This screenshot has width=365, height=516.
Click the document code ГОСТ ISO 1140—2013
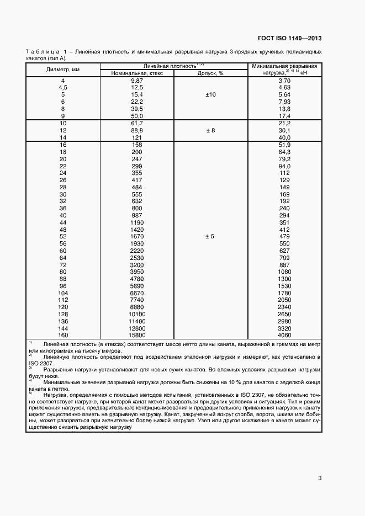289,39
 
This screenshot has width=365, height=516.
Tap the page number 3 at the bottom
320,478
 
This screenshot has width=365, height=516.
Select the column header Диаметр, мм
62,70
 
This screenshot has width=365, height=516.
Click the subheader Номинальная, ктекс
136,73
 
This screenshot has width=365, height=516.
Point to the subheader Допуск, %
210,73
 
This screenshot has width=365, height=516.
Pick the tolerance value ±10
210,95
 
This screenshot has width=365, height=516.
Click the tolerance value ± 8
210,130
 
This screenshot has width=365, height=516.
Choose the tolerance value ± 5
210,237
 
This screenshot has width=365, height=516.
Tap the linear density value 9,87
136,81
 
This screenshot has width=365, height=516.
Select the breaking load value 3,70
284,81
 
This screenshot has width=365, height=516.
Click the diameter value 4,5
62,88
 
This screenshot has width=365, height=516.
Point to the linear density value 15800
136,335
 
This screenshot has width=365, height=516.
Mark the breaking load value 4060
284,335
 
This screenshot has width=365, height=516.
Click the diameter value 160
62,335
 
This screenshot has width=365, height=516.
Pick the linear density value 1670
136,236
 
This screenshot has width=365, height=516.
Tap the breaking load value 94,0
284,166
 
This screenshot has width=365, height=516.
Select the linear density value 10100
136,314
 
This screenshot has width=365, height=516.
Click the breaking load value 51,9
284,145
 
